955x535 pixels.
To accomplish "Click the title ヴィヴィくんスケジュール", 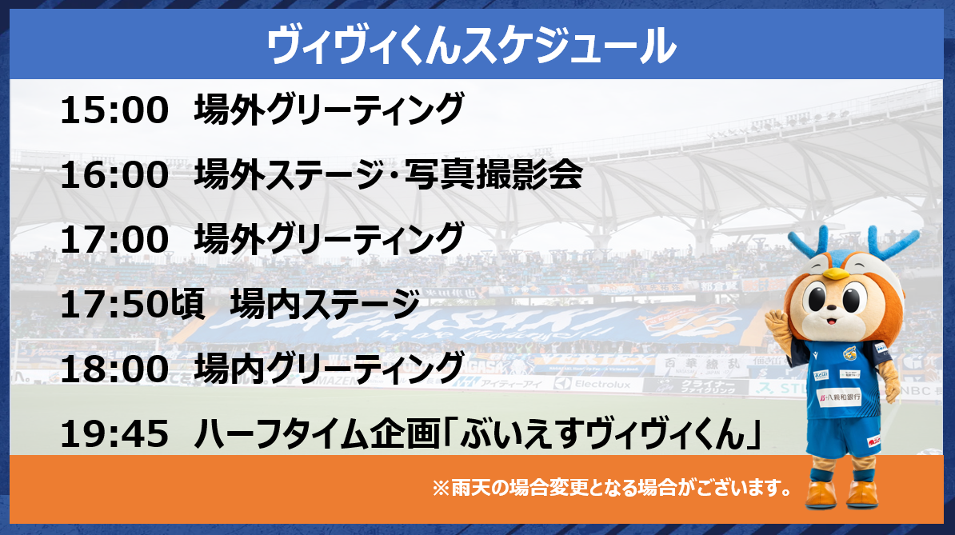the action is pyautogui.click(x=471, y=45).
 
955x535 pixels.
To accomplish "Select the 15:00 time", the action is pyautogui.click(x=114, y=110).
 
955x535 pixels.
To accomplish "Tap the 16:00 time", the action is pyautogui.click(x=114, y=174).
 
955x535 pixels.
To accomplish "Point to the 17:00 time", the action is pyautogui.click(x=114, y=239).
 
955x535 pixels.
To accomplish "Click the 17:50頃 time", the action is pyautogui.click(x=133, y=304).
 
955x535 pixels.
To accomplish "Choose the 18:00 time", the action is pyautogui.click(x=114, y=369).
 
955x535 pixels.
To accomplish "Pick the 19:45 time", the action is pyautogui.click(x=114, y=434).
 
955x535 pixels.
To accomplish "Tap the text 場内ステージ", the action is pyautogui.click(x=326, y=304).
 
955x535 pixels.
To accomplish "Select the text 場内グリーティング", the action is pyautogui.click(x=329, y=368).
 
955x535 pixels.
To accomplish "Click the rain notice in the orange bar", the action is pyautogui.click(x=612, y=488).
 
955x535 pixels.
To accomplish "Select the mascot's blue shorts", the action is pyautogui.click(x=844, y=434).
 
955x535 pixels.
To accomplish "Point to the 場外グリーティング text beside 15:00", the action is pyautogui.click(x=329, y=110).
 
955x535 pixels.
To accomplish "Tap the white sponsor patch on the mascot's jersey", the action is pyautogui.click(x=840, y=397).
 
